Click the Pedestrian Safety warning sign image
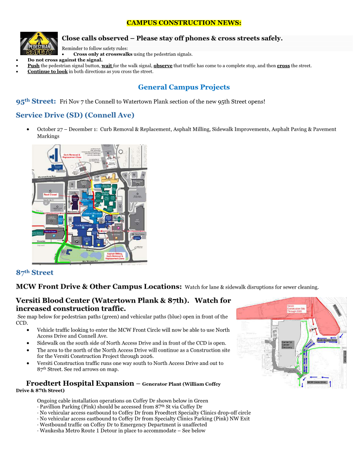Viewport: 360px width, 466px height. point(39,43)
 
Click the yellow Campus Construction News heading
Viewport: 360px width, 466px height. point(184,23)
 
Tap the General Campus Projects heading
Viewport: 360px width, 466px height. point(184,87)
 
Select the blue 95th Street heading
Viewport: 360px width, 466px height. point(36,101)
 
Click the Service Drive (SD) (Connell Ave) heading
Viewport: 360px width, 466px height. point(75,115)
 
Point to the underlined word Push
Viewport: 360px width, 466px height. point(34,66)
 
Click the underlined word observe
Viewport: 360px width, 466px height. point(163,66)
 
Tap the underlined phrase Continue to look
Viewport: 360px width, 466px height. point(47,71)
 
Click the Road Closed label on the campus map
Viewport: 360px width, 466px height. point(50,195)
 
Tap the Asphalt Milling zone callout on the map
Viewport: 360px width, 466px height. point(115,256)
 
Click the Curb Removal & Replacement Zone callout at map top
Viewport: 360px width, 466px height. point(71,156)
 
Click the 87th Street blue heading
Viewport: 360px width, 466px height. point(34,273)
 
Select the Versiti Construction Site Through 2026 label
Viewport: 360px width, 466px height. point(296,308)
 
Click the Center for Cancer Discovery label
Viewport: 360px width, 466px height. point(289,345)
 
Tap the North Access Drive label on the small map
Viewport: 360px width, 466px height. point(326,340)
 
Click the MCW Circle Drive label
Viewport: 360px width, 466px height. point(316,382)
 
